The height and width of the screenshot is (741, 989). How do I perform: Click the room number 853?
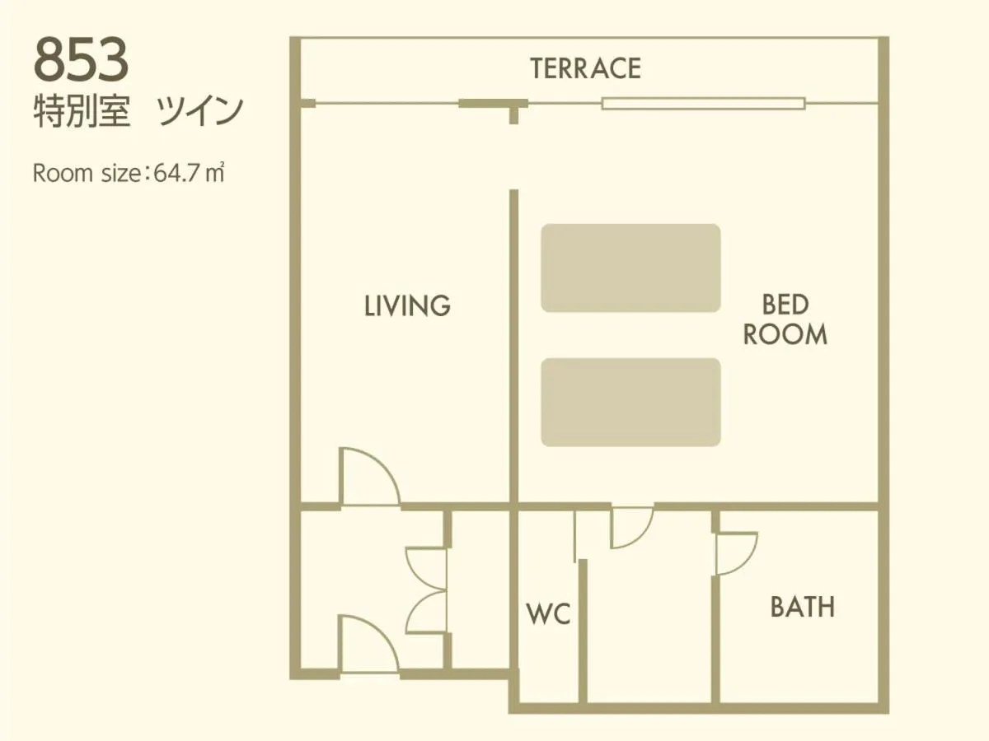pyautogui.click(x=82, y=61)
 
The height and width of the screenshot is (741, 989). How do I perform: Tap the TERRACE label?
pyautogui.click(x=585, y=68)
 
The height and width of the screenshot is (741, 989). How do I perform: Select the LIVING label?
pyautogui.click(x=407, y=306)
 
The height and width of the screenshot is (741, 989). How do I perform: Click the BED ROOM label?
pyautogui.click(x=785, y=320)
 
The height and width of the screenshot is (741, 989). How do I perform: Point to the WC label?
pyautogui.click(x=548, y=614)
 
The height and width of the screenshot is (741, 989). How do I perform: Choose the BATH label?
pyautogui.click(x=802, y=608)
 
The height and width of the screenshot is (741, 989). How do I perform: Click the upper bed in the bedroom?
pyautogui.click(x=630, y=268)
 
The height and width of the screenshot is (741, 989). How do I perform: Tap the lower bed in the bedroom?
pyautogui.click(x=630, y=402)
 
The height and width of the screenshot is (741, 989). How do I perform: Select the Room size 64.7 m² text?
pyautogui.click(x=129, y=175)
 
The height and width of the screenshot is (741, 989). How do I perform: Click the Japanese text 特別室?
pyautogui.click(x=82, y=112)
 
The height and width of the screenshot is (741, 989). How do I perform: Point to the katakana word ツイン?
pyautogui.click(x=199, y=112)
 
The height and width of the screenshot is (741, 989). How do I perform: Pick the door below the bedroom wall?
pyautogui.click(x=630, y=527)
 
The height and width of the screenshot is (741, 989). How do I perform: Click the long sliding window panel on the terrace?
pyautogui.click(x=702, y=104)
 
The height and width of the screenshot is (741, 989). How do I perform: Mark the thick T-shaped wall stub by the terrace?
pyautogui.click(x=494, y=105)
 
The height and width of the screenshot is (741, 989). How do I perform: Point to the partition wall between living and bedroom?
pyautogui.click(x=513, y=346)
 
